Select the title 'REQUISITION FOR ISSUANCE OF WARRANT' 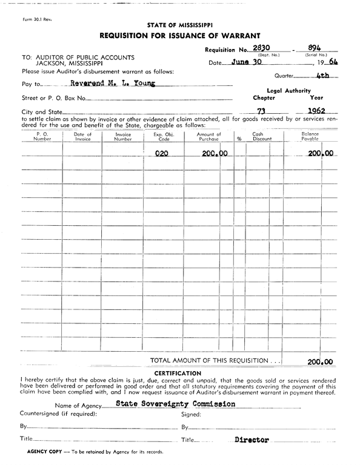coord(179,35)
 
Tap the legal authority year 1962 coord(316,111)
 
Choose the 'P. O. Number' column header coord(42,136)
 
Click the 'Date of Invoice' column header coord(82,136)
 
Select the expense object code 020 coord(161,154)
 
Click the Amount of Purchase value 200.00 coord(214,154)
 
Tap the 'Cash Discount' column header coord(262,136)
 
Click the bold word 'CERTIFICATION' coord(178,372)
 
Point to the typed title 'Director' coord(252,440)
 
